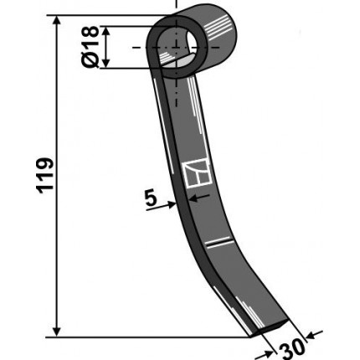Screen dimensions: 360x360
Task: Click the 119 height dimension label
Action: pyautogui.click(x=44, y=175)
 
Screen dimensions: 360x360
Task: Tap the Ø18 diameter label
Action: pyautogui.click(x=90, y=47)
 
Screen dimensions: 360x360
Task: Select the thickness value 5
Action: pyautogui.click(x=151, y=198)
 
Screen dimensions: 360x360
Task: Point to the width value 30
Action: pyautogui.click(x=292, y=349)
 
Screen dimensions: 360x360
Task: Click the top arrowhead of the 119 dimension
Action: pyautogui.click(x=57, y=21)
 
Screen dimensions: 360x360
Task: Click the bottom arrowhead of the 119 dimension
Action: pyautogui.click(x=57, y=332)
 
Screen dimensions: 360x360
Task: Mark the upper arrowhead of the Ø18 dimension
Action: pyautogui.click(x=105, y=31)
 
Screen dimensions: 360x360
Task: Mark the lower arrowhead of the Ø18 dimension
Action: pyautogui.click(x=105, y=63)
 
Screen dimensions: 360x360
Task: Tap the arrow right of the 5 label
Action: pyautogui.click(x=161, y=207)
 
